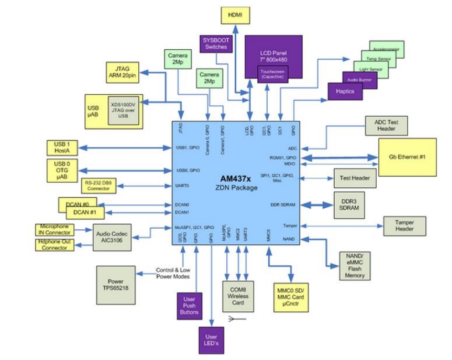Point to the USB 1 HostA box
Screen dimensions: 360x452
[63, 148]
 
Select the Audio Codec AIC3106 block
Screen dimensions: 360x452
[114, 237]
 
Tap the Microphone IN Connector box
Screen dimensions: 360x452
[54, 229]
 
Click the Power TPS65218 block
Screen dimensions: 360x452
[116, 285]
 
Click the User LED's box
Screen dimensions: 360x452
[211, 340]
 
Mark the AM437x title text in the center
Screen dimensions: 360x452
[237, 178]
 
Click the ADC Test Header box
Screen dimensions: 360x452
[387, 125]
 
